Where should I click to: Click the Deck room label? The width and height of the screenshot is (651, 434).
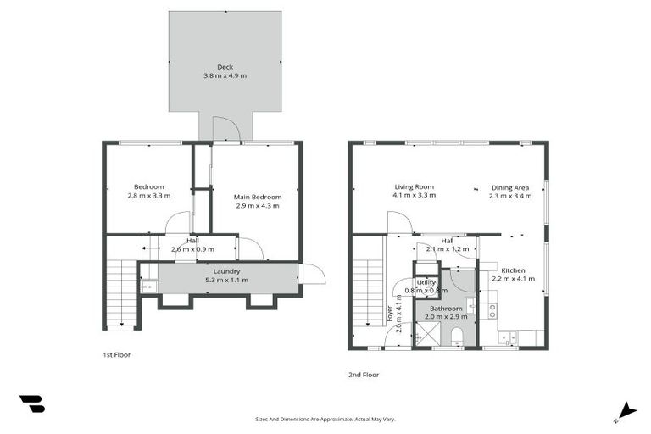click(x=225, y=67)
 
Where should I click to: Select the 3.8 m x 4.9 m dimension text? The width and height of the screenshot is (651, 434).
click(x=225, y=76)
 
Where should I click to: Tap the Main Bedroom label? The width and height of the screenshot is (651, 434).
click(x=257, y=197)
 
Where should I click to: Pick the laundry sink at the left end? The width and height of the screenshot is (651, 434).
click(x=148, y=287)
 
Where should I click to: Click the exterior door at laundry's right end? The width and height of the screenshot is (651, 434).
click(x=312, y=275)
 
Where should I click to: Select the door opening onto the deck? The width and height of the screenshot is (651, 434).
click(x=226, y=129)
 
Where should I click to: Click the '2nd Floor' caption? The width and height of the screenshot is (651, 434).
click(x=363, y=374)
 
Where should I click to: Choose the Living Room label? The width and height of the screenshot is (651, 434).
click(x=414, y=186)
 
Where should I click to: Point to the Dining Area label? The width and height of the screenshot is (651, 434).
click(x=510, y=187)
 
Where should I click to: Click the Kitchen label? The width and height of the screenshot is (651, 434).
click(x=513, y=270)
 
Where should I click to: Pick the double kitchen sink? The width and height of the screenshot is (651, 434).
click(x=508, y=338)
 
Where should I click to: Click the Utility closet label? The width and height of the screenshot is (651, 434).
click(x=426, y=281)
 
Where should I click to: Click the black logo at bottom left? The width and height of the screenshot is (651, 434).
click(x=32, y=404)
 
